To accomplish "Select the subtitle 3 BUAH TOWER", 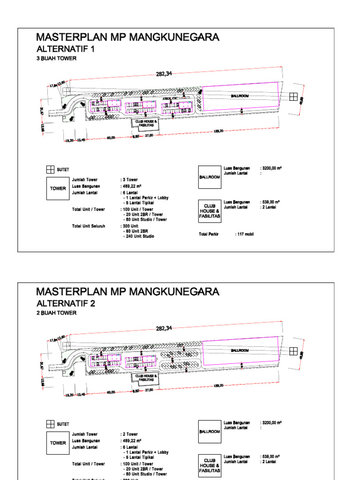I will [56, 59].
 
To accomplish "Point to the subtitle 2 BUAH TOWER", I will [56, 313].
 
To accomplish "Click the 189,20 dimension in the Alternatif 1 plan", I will [218, 131].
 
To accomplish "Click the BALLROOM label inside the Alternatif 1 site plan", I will [240, 96].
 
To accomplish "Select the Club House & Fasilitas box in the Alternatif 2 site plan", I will [146, 378].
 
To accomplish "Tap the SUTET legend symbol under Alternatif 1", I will [50, 169].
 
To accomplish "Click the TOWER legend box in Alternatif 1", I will [58, 189].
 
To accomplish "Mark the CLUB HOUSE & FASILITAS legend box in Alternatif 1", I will [210, 211].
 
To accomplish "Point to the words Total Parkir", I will [209, 233].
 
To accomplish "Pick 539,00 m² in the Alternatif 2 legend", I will [271, 456].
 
